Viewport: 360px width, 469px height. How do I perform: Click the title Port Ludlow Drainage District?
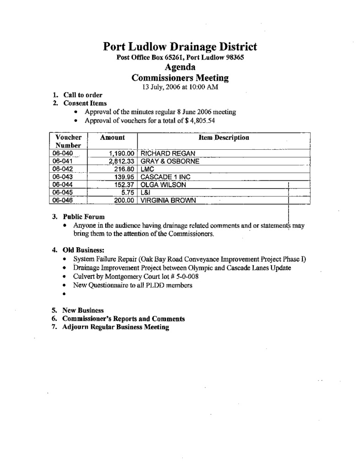180,47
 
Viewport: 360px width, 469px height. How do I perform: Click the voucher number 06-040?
62,153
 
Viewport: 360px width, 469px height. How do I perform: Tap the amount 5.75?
127,192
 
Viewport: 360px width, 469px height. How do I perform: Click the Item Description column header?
224,137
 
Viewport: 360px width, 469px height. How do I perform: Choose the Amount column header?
112,137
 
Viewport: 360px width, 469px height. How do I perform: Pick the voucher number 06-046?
62,200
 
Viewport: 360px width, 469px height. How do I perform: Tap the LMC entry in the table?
147,169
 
